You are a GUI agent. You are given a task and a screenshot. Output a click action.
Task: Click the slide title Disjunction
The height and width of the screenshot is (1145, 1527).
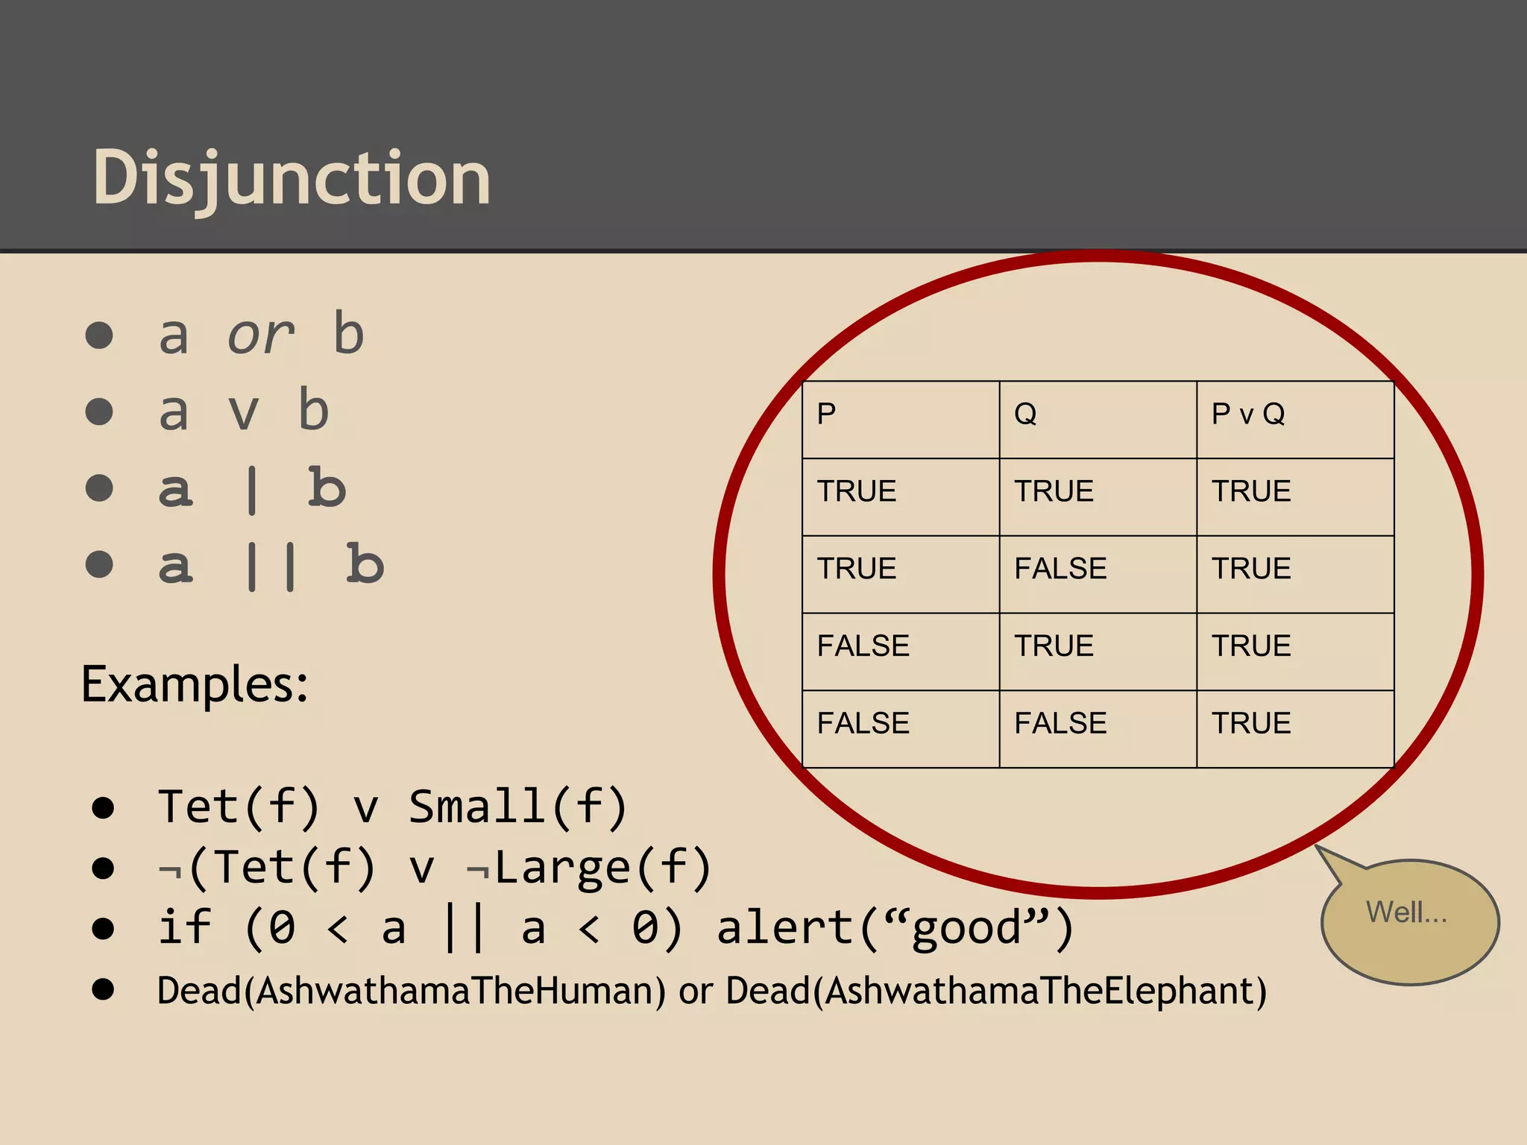(292, 179)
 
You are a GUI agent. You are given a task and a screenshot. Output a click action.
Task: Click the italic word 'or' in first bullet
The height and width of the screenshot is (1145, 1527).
(260, 335)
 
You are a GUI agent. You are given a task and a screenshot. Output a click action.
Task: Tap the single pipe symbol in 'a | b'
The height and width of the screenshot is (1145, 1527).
(252, 490)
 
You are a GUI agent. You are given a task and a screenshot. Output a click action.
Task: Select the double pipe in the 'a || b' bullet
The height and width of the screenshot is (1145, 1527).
(271, 567)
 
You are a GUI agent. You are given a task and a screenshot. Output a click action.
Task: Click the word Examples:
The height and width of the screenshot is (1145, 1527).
(195, 684)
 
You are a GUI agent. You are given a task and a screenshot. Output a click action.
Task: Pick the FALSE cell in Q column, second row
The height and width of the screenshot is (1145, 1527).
(1060, 569)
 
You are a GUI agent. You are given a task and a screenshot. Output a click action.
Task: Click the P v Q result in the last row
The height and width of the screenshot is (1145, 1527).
(1251, 723)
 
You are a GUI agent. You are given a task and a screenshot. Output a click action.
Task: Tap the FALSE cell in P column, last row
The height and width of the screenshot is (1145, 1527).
(863, 723)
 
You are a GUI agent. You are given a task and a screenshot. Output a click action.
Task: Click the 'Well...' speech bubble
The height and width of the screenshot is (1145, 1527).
(1408, 914)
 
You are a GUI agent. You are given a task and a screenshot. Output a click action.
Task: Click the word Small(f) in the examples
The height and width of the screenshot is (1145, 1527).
(517, 807)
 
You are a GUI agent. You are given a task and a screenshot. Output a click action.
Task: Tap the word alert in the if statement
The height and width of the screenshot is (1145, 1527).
(785, 929)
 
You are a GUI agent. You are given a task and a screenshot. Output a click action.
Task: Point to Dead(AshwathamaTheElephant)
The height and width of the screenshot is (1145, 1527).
(996, 991)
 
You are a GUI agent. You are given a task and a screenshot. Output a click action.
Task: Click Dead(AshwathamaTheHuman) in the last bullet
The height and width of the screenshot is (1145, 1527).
(411, 991)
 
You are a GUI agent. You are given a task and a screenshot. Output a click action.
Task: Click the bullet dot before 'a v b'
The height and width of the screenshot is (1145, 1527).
(99, 411)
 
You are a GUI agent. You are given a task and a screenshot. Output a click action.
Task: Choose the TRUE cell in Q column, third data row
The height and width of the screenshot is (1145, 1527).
(1054, 646)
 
